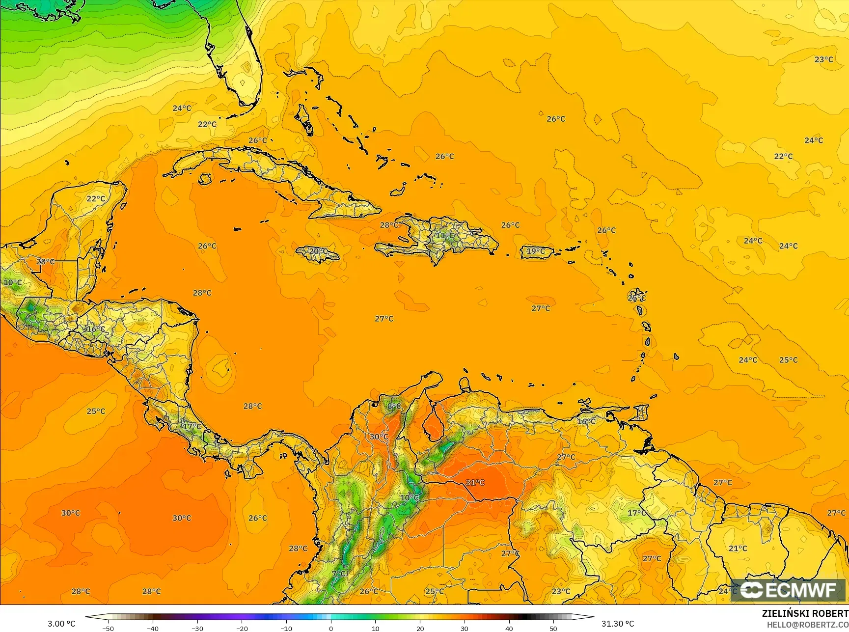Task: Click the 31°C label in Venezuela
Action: click(x=475, y=482)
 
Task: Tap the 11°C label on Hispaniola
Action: click(x=445, y=236)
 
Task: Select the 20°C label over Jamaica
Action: click(x=318, y=251)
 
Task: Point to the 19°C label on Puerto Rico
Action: click(x=535, y=251)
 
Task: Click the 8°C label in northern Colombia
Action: click(x=394, y=406)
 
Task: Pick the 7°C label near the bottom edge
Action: click(x=339, y=574)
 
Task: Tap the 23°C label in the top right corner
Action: click(x=823, y=59)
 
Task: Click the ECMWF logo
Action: click(x=788, y=590)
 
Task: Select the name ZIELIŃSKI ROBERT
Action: click(x=805, y=613)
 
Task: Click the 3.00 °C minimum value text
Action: click(x=61, y=624)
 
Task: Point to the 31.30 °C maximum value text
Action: click(x=618, y=624)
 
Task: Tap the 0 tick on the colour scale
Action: click(x=331, y=628)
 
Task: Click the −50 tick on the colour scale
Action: click(x=108, y=628)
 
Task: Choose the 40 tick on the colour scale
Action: click(x=509, y=628)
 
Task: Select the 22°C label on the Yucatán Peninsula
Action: click(x=96, y=199)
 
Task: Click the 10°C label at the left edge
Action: click(x=13, y=282)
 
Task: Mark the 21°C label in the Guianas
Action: click(x=738, y=549)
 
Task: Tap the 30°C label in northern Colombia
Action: click(x=379, y=437)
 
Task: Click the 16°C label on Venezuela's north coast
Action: click(x=586, y=421)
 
